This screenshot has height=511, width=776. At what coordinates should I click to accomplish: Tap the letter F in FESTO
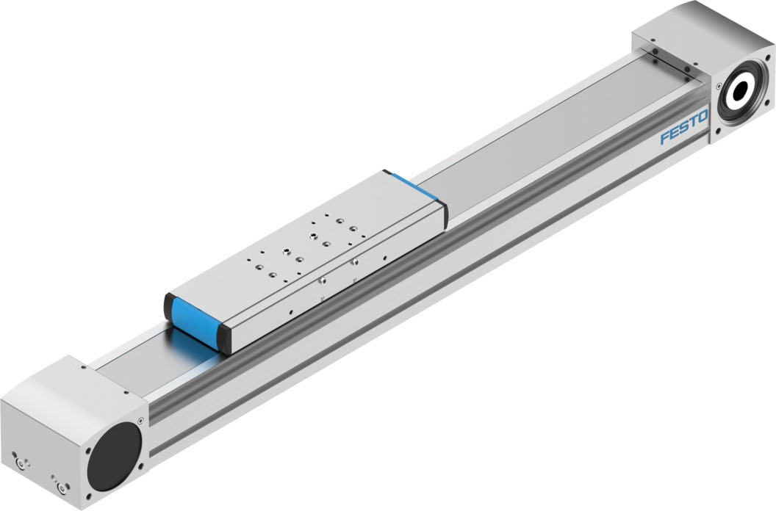pos(664,137)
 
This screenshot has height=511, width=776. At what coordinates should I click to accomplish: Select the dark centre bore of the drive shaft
pos(739,93)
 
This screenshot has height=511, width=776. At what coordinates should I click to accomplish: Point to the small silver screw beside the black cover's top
pos(139,422)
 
